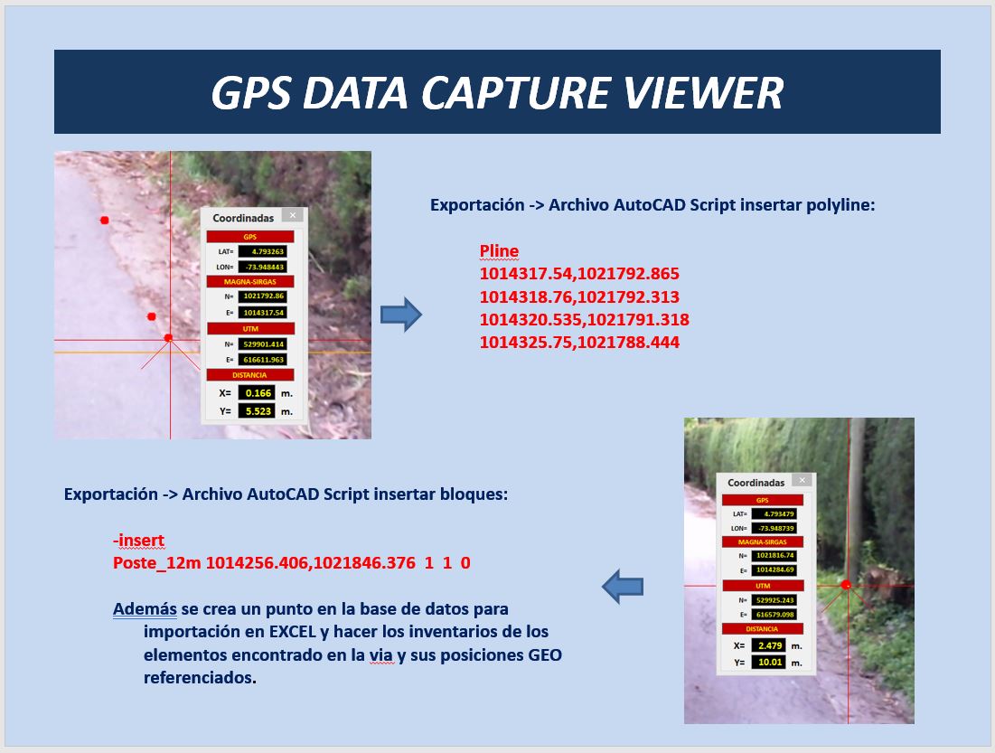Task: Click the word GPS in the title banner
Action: tap(251, 93)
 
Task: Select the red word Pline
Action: tap(499, 250)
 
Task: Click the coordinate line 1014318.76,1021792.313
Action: tap(579, 296)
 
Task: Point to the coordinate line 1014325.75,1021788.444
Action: tap(579, 343)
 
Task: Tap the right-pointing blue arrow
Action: tap(401, 315)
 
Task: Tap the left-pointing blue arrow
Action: tap(623, 586)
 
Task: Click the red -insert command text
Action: tap(138, 540)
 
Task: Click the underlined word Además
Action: tap(145, 608)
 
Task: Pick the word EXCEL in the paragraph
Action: tap(293, 632)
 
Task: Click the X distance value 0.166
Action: tap(257, 393)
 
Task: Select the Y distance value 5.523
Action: tap(257, 410)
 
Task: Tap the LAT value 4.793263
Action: tap(262, 251)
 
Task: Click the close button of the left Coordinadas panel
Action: tap(293, 215)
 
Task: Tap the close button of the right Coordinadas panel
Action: tap(803, 480)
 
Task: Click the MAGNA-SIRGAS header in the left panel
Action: tap(250, 281)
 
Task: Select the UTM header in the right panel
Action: tap(763, 586)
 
